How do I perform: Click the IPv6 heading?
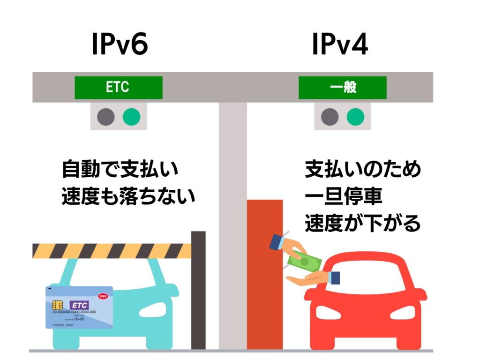coord(120,45)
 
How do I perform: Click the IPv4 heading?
coord(340,45)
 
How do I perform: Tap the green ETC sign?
coord(118,88)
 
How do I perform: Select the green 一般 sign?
coord(343,88)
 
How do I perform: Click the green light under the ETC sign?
coord(131,117)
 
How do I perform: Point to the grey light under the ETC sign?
coord(106,117)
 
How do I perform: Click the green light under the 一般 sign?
coord(355,117)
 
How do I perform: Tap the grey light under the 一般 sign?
coord(330,117)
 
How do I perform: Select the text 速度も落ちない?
coord(128,197)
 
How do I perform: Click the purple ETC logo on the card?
coord(79,305)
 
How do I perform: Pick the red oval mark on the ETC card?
coord(103,296)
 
